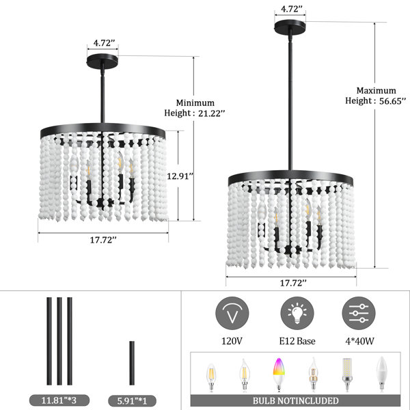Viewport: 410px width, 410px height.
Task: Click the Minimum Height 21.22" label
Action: tap(195, 108)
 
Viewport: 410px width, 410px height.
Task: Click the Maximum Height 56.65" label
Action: tap(376, 96)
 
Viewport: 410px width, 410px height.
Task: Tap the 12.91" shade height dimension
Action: tap(180, 176)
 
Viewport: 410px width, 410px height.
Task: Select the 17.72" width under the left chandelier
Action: tap(103, 240)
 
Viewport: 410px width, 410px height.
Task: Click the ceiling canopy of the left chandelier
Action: tap(102, 61)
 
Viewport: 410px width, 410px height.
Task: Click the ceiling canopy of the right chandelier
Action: tap(290, 27)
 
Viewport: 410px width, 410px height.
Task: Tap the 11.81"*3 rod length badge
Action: tap(59, 400)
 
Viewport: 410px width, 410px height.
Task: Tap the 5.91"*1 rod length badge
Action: tap(132, 400)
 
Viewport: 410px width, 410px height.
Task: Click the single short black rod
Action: tap(132, 363)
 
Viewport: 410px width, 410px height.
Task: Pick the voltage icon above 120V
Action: tap(232, 313)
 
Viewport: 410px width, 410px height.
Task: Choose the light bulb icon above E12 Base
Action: tap(297, 313)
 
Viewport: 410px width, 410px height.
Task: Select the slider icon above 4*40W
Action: tap(359, 313)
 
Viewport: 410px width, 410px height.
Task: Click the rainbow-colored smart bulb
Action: tap(279, 374)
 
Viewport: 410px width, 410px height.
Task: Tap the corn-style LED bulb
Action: tap(346, 374)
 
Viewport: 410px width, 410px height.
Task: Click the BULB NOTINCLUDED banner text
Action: tap(295, 400)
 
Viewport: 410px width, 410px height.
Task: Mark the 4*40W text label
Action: tap(360, 341)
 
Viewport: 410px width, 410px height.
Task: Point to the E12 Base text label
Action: tap(297, 341)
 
